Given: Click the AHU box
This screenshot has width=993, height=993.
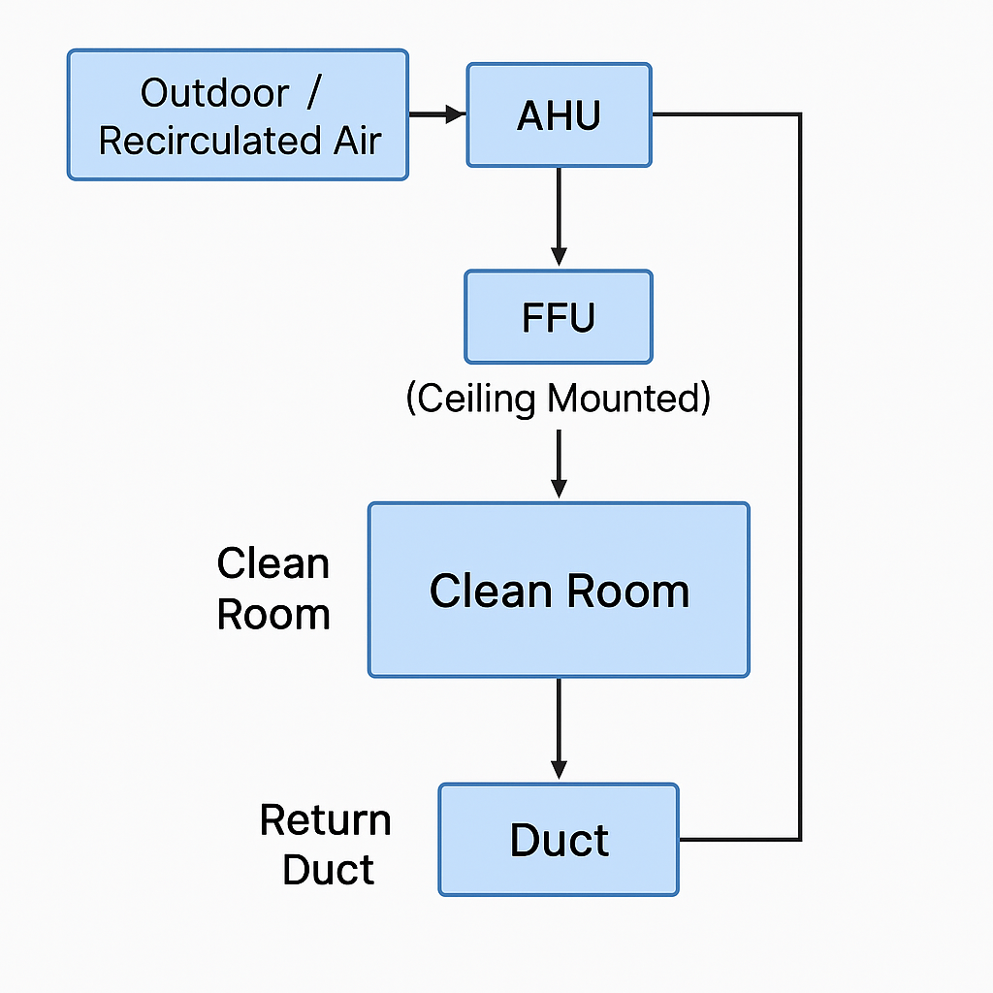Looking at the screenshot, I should (x=559, y=115).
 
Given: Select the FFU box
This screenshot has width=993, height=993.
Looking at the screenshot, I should (x=559, y=317).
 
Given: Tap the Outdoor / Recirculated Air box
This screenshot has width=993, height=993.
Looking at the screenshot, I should (x=238, y=115).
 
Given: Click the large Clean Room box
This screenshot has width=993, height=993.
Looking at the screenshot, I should (x=559, y=590).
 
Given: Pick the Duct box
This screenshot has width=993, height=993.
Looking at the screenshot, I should (x=559, y=840).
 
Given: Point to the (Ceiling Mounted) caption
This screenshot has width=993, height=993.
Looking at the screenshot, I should (x=558, y=399).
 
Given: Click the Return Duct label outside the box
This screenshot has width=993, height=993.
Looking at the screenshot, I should (x=325, y=845).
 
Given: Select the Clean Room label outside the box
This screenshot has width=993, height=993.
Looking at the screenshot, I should (x=273, y=589).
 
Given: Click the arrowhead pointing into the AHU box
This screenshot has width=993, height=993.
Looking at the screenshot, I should (x=456, y=114).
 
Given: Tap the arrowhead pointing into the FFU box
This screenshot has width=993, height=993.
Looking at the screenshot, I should (x=559, y=256).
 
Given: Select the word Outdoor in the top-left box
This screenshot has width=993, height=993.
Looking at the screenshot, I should (x=214, y=93).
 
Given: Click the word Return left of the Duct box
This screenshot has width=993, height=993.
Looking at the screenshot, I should (x=325, y=820).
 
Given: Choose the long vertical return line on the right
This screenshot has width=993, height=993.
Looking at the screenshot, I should (x=800, y=475).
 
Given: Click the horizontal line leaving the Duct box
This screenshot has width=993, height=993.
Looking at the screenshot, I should (x=739, y=839).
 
